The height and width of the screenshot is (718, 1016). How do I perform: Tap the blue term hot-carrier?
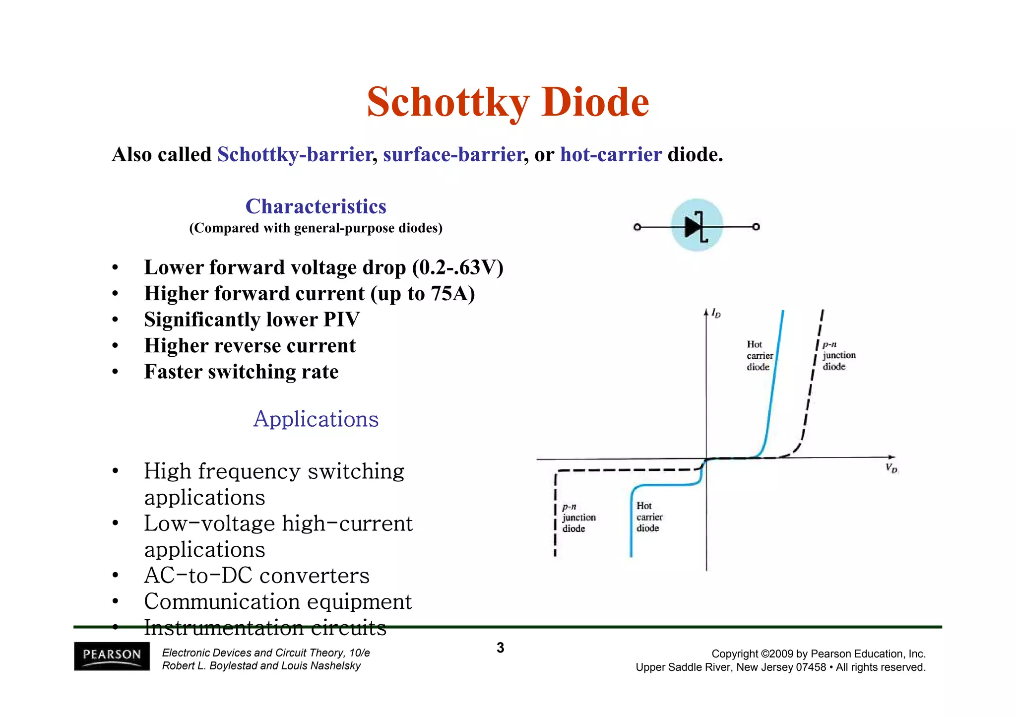tap(611, 155)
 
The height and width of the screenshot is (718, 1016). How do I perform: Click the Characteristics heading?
tap(316, 206)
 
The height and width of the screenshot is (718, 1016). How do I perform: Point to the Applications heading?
tap(316, 419)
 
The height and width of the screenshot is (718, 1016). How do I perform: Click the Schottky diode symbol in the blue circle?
tap(697, 226)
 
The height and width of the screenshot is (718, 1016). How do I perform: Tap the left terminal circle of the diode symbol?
tap(637, 227)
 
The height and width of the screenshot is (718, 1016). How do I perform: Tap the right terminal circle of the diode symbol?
tap(756, 227)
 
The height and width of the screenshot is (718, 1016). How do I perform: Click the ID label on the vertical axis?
tap(716, 313)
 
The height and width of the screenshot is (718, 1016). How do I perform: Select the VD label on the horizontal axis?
tap(891, 468)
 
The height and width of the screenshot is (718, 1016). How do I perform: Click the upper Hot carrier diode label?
tap(759, 356)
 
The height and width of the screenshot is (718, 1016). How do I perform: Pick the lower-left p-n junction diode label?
tap(578, 518)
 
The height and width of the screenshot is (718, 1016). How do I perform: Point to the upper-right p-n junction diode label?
tap(839, 355)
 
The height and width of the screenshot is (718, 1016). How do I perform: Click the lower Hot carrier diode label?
tap(649, 517)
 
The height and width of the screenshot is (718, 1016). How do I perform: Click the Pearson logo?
tap(112, 656)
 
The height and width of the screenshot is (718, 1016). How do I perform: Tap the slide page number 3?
tap(500, 648)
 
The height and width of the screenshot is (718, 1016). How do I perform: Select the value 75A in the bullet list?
tap(449, 294)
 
